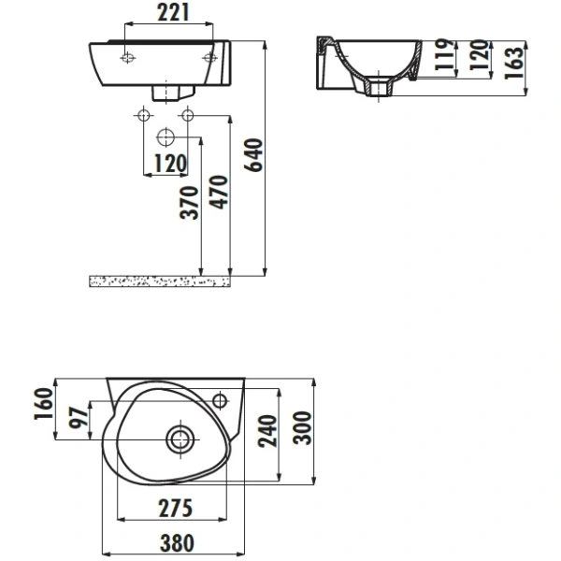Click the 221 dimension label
pos(173,13)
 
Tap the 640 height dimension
pos(253,155)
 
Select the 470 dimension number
pos(219,192)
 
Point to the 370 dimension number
pos(189,203)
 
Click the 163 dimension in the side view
pos(513,63)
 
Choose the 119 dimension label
pos(445,54)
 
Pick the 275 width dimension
pos(176,509)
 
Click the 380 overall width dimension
pos(177,542)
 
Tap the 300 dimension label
pos(302,428)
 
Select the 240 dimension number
pos(267,431)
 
